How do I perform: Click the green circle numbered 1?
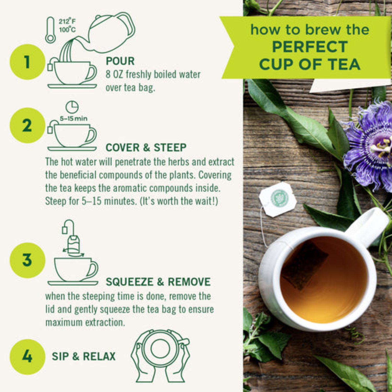click(27, 62)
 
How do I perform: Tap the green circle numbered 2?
click(27, 125)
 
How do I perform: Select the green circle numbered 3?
click(27, 260)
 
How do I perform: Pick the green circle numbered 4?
click(27, 357)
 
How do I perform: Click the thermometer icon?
click(50, 30)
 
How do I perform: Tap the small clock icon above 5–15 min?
click(72, 107)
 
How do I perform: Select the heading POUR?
click(120, 61)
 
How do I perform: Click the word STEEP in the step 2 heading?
click(170, 148)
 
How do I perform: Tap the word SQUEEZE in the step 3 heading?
click(129, 282)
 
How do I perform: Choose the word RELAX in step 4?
click(99, 356)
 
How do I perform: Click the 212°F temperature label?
click(67, 21)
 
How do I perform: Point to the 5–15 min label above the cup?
click(73, 119)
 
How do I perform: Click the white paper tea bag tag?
click(278, 199)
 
